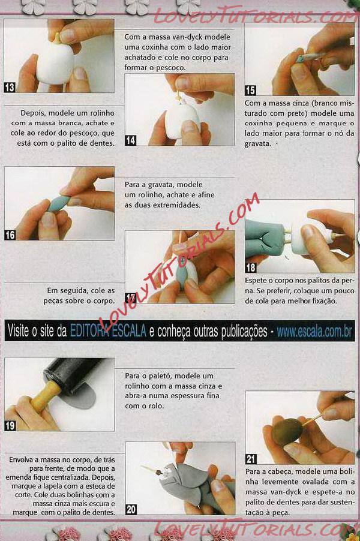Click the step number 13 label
(10, 88)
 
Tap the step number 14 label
(130, 140)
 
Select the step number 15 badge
(250, 91)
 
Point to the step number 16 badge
(10, 235)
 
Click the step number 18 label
(251, 268)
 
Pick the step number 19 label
(10, 425)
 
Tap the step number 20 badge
(131, 509)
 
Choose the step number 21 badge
(251, 459)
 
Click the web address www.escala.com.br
(314, 332)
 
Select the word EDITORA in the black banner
(90, 331)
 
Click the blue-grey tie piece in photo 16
(59, 203)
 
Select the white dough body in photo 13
(55, 63)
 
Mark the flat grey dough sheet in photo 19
(81, 398)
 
